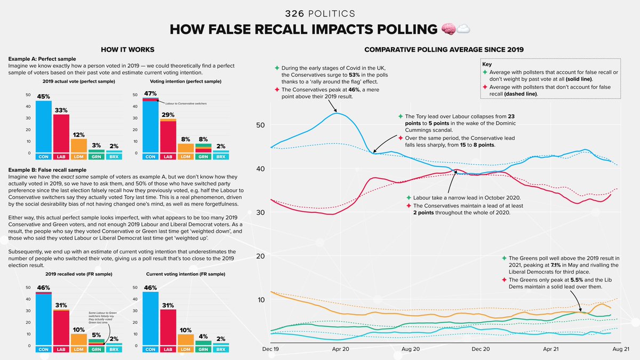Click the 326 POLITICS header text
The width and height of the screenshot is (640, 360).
click(x=319, y=13)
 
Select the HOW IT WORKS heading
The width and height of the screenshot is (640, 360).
click(x=128, y=50)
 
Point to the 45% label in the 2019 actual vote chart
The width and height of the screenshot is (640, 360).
click(x=44, y=97)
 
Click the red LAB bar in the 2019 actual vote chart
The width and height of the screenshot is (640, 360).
click(x=61, y=133)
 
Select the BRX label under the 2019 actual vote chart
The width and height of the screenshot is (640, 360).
click(x=114, y=157)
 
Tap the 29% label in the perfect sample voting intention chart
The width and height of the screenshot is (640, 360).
click(x=169, y=115)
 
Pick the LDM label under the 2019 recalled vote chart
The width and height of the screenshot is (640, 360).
click(x=78, y=350)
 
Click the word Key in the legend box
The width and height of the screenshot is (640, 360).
click(x=486, y=63)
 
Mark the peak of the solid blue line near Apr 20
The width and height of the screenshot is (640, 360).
click(x=335, y=113)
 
